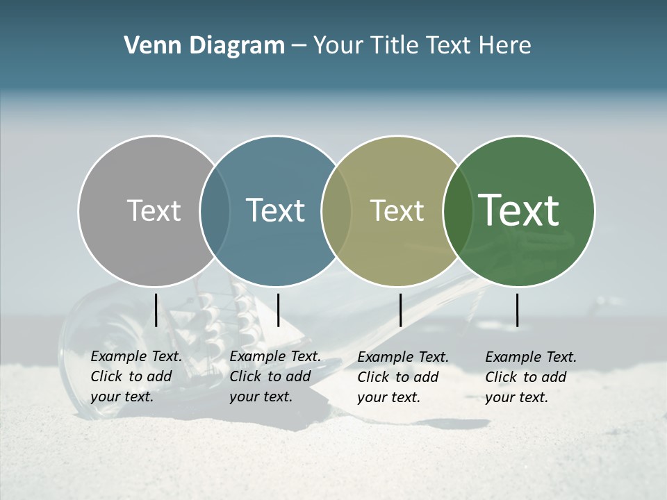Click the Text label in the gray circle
coord(154,210)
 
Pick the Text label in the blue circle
coord(275,210)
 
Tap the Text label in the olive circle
coord(397,210)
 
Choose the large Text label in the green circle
coord(519,210)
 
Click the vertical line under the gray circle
coord(156,310)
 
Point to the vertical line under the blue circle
coord(278,310)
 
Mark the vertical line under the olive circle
coord(401,310)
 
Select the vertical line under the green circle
coord(518,310)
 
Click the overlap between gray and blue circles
coord(215,211)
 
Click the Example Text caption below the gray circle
coord(136,377)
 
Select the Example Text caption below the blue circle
coord(275,377)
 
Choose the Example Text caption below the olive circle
coord(403,377)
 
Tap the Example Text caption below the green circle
coord(531,377)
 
